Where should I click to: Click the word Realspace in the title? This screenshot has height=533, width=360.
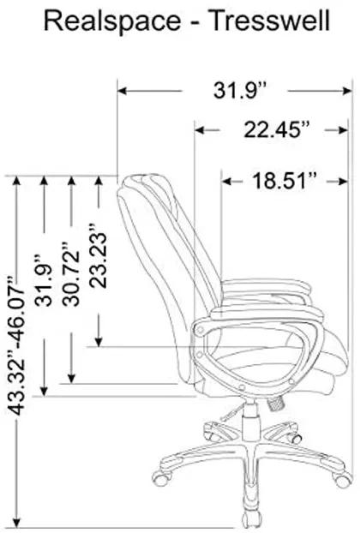(x=112, y=22)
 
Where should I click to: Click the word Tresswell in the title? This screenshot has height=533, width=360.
(x=268, y=21)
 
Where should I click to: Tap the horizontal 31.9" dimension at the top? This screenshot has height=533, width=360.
(x=239, y=91)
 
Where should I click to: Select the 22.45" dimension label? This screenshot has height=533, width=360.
(x=277, y=129)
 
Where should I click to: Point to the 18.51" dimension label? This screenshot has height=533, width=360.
(x=285, y=181)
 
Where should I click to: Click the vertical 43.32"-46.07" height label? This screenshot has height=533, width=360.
(x=16, y=346)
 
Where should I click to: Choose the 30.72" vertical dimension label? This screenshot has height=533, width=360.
(x=71, y=274)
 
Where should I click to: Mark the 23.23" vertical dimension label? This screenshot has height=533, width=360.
(x=99, y=255)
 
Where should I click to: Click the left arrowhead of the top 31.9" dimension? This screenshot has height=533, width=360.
(x=122, y=91)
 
